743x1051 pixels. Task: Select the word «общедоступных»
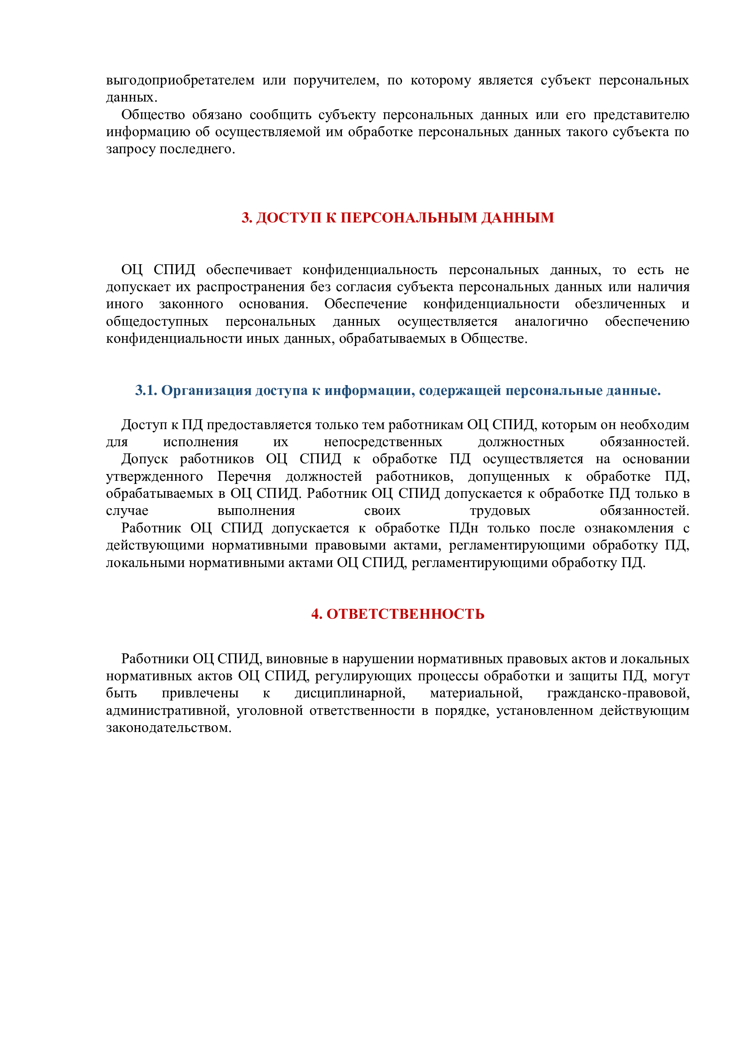pos(157,321)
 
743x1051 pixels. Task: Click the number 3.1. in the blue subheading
pos(146,390)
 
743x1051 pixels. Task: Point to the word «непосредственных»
pos(382,442)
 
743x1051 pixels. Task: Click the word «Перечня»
pos(244,476)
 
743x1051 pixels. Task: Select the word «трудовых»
pos(500,511)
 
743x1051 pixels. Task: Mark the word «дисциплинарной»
pos(349,693)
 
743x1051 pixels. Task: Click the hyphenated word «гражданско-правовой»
pos(618,693)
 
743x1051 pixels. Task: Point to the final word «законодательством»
pos(168,727)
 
